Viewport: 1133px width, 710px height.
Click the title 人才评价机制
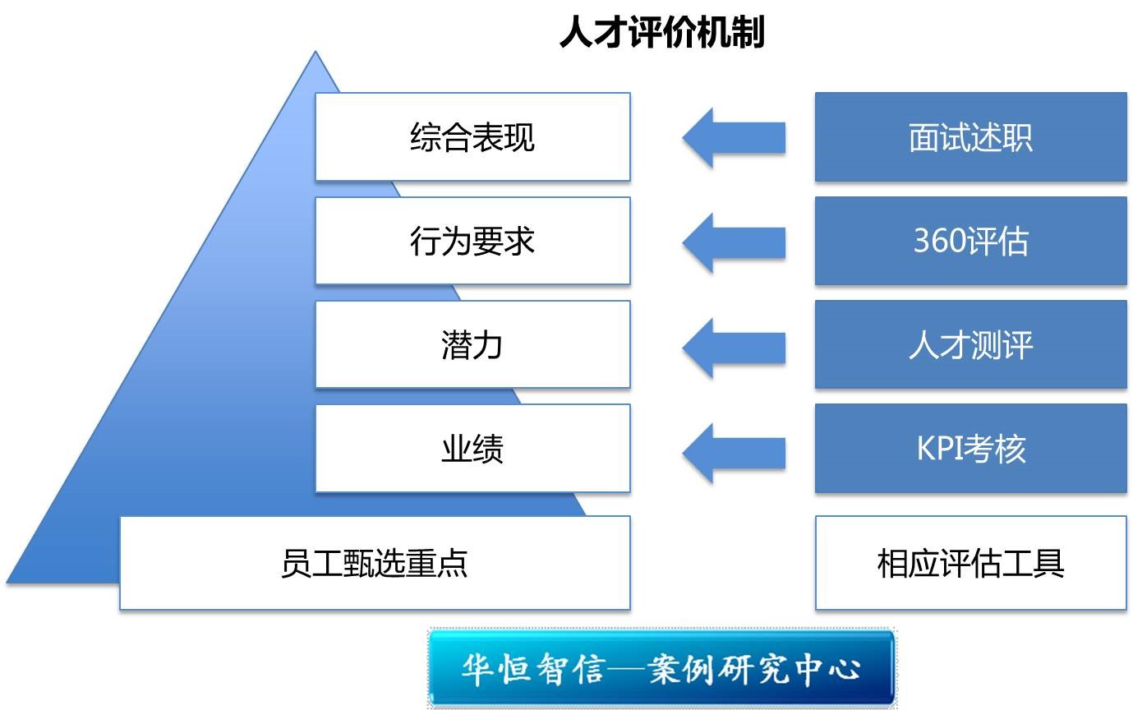(x=662, y=34)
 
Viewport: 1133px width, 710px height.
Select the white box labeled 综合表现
(x=472, y=136)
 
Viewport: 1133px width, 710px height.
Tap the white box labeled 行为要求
(x=472, y=241)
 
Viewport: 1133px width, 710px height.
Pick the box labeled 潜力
(x=472, y=344)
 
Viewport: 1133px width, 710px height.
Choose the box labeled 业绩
(x=472, y=449)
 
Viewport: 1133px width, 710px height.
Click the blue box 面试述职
(x=970, y=137)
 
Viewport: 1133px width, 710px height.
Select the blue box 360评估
(x=970, y=241)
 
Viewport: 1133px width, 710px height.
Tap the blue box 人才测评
(x=970, y=344)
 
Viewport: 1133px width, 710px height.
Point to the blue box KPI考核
(x=970, y=449)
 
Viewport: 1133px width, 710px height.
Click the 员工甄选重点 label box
(x=375, y=563)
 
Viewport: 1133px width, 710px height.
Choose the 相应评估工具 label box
(x=970, y=563)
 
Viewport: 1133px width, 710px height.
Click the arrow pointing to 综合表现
(x=733, y=137)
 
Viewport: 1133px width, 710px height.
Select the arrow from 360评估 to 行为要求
(x=733, y=242)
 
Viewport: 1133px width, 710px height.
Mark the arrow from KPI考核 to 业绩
(x=733, y=451)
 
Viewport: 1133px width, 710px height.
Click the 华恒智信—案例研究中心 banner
(x=661, y=667)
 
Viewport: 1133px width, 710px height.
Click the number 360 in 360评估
(x=937, y=241)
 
